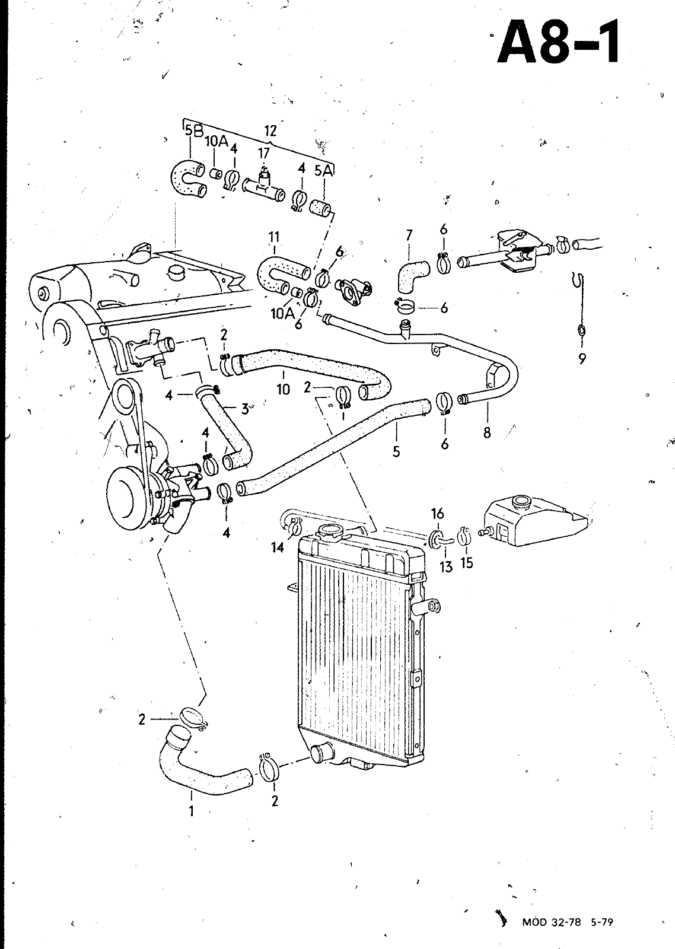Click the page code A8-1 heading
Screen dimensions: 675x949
point(559,42)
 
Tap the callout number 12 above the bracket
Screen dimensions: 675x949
point(270,131)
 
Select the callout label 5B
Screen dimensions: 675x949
point(194,130)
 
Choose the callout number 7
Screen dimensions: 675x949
point(409,235)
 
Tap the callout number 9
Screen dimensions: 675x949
point(582,359)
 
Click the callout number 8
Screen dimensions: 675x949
point(487,432)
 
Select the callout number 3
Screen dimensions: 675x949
point(245,409)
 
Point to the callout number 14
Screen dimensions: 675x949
point(278,548)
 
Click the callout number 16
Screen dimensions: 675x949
point(437,514)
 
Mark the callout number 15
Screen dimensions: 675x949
point(466,563)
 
